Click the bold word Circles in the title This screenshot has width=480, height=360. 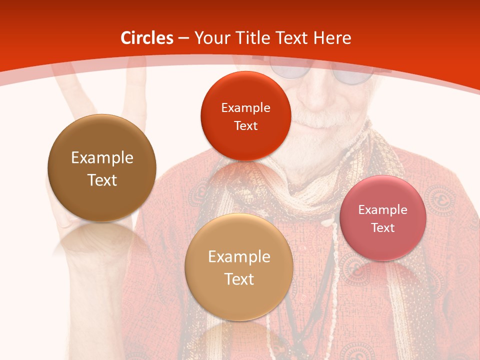147,38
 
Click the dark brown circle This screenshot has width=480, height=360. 102,168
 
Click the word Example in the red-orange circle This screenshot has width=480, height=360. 245,108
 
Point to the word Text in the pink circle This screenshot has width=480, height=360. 383,228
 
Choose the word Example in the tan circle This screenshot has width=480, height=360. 239,257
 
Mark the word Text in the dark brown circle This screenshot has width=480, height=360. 102,180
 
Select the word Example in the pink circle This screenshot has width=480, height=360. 383,210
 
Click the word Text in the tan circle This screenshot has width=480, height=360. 239,279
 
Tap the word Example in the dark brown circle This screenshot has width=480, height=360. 102,158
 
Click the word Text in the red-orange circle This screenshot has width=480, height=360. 245,126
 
